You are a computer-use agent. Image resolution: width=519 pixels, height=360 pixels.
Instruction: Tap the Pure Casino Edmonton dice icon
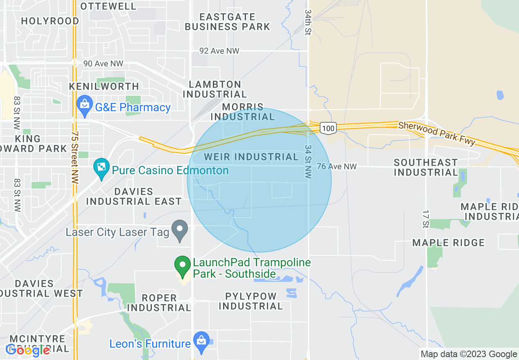[x=100, y=167]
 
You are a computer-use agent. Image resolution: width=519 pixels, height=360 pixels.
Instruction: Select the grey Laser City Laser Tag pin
[x=179, y=230]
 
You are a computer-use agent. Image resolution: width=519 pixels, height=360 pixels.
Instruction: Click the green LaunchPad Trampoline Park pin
[x=183, y=265]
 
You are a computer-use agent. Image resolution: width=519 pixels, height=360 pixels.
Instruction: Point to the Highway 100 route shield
[x=328, y=128]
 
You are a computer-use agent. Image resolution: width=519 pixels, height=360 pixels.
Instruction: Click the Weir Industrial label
[x=251, y=157]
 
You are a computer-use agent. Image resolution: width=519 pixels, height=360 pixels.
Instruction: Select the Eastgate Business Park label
[x=228, y=22]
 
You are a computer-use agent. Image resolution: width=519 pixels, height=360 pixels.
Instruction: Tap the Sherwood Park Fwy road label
[x=437, y=133]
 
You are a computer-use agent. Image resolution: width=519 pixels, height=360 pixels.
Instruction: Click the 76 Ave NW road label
[x=337, y=166]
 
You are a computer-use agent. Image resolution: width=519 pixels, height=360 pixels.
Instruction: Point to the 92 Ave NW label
[x=219, y=51]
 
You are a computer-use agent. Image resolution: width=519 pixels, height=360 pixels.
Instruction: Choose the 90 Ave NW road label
[x=103, y=64]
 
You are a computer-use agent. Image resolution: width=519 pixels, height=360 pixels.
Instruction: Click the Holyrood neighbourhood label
[x=50, y=21]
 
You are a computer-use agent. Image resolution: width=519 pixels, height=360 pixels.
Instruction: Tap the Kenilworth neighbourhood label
[x=104, y=86]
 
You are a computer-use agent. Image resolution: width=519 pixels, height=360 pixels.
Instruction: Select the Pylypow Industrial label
[x=250, y=301]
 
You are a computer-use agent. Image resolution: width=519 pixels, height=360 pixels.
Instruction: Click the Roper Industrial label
[x=159, y=303]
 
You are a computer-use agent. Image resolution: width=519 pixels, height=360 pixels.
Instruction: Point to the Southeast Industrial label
[x=426, y=168]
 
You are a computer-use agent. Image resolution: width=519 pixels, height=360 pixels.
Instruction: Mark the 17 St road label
[x=425, y=218]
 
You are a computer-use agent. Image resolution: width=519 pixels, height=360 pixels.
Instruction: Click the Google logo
[x=28, y=350]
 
